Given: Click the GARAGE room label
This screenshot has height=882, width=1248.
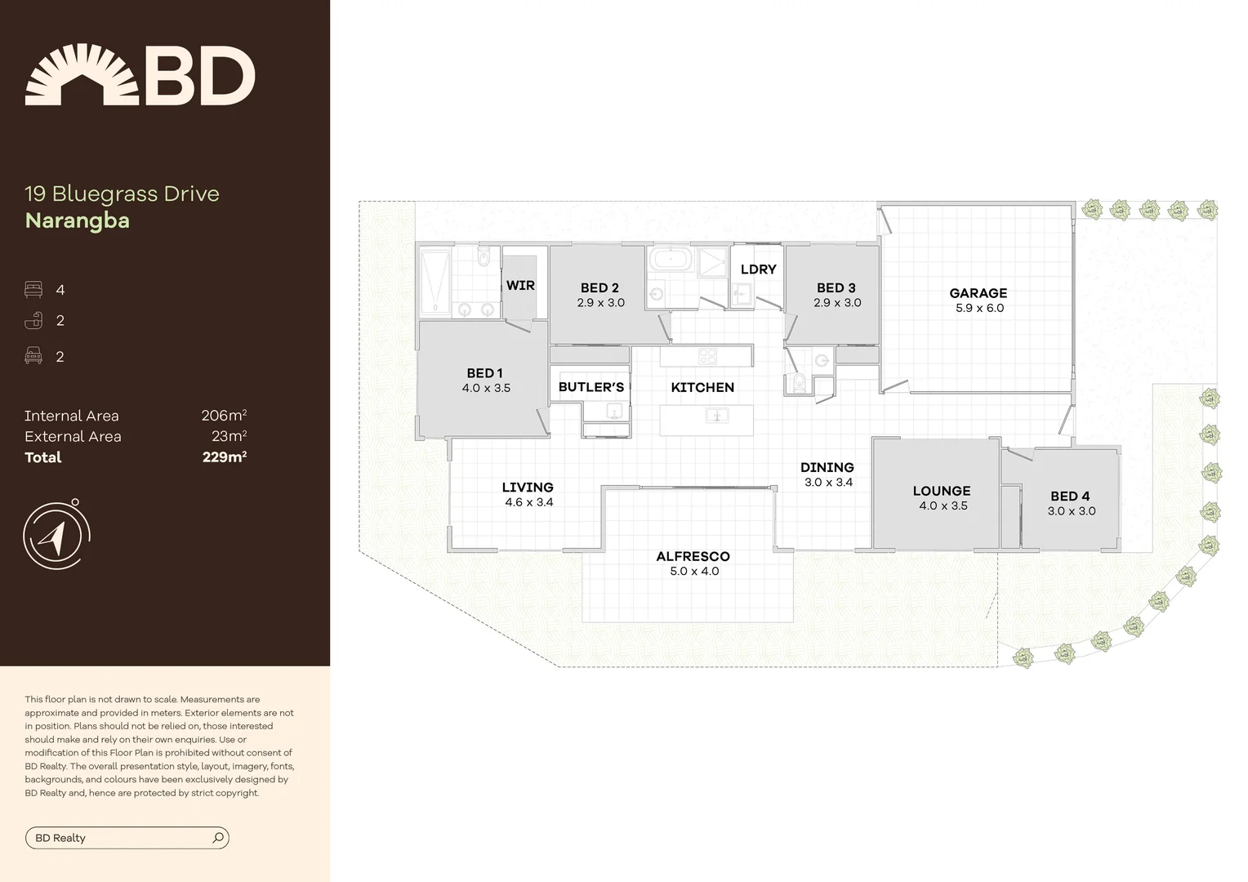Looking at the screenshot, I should pos(978,293).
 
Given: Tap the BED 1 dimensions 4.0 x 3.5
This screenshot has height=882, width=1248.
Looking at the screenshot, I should pos(486,389).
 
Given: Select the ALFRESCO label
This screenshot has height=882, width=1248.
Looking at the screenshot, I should pos(693,556).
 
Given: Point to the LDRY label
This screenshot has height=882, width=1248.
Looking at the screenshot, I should pos(758,269).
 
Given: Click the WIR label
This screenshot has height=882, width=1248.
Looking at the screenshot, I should pos(520,286).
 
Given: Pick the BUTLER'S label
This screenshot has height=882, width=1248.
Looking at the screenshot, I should pos(591,387).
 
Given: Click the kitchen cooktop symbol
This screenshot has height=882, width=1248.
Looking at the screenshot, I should pos(707,356).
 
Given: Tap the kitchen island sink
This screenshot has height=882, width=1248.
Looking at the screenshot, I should pos(716,416).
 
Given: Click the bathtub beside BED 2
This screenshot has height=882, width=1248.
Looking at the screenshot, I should pos(671,261).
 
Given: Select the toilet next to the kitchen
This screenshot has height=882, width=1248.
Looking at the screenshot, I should pos(800,382).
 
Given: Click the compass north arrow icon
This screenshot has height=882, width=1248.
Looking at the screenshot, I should pos(54,536).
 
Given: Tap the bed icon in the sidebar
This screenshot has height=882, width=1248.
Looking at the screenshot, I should pos(33,290).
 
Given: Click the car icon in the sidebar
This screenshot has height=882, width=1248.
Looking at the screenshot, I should pos(33,356).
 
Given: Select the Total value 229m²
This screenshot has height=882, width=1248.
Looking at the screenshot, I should pos(225,457).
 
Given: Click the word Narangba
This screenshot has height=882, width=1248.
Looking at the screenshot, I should pos(78,221).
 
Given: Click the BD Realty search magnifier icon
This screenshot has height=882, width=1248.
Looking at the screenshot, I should pos(218,838).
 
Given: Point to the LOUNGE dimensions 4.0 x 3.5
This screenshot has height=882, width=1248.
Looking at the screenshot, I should pos(943,506).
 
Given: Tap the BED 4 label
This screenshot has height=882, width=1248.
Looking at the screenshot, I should pos(1069,497).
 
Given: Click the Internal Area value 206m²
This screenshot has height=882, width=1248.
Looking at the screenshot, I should pos(224,416).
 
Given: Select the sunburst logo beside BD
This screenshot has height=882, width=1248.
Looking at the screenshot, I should pos(82,75).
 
